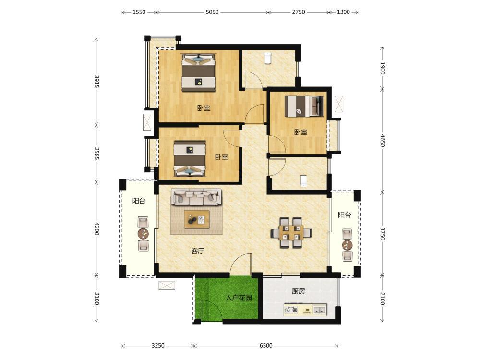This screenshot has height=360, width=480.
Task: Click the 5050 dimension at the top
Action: (x=212, y=12)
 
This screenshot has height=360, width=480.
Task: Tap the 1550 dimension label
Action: (x=139, y=12)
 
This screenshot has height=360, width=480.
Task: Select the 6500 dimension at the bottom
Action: (x=266, y=345)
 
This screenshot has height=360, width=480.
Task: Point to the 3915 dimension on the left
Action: (x=96, y=82)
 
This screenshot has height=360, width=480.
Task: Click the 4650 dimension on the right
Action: (x=383, y=140)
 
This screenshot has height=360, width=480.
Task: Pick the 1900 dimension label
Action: (x=383, y=68)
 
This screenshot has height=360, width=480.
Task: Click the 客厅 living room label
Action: (x=197, y=251)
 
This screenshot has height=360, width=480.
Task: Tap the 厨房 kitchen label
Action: (x=298, y=291)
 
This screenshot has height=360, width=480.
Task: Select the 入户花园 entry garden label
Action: (x=239, y=298)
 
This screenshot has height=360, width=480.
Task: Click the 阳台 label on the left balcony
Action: (x=139, y=201)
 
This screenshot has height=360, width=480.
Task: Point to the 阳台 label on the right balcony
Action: (x=344, y=215)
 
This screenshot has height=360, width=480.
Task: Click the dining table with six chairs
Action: (x=291, y=233)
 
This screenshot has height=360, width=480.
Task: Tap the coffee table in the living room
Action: (x=196, y=219)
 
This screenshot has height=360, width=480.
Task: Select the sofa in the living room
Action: (x=196, y=197)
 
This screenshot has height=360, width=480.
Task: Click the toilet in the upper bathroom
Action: (x=268, y=58)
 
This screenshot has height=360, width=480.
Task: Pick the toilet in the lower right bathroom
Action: (x=303, y=181)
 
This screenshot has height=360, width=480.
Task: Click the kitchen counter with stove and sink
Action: (x=305, y=310)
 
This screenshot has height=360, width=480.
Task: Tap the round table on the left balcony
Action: (x=143, y=234)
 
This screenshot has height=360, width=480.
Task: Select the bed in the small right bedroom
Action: (x=304, y=106)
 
